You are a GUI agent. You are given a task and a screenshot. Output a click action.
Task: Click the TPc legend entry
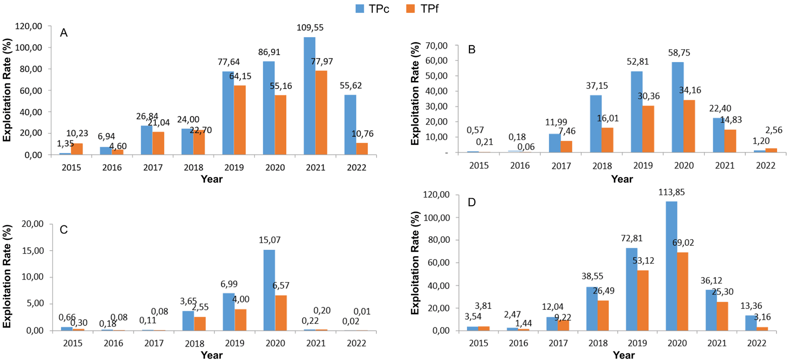pyautogui.click(x=373, y=8)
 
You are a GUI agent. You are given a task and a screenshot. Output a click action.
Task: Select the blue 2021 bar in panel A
pyautogui.click(x=309, y=96)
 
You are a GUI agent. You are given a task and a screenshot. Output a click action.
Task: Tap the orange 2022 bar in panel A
pyautogui.click(x=362, y=149)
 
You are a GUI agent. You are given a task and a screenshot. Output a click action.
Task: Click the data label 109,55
pyautogui.click(x=310, y=28)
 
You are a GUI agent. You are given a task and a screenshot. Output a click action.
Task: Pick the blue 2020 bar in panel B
pyautogui.click(x=677, y=107)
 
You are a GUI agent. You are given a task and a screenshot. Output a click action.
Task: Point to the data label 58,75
pyautogui.click(x=679, y=53)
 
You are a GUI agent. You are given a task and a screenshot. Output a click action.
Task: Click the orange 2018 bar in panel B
pyautogui.click(x=607, y=140)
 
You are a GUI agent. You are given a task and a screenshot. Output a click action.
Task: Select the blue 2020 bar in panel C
pyautogui.click(x=269, y=290)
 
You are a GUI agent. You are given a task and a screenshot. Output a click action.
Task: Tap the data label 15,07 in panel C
pyautogui.click(x=269, y=240)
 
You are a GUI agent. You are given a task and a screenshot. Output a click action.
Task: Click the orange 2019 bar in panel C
pyautogui.click(x=241, y=320)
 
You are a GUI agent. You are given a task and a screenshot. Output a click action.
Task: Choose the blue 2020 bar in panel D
pyautogui.click(x=671, y=266)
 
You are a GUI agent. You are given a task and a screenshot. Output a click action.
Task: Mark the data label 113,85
pyautogui.click(x=671, y=192)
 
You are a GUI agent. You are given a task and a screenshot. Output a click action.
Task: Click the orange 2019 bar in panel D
pyautogui.click(x=643, y=300)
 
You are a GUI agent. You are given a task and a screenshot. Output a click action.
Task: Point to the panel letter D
pyautogui.click(x=471, y=202)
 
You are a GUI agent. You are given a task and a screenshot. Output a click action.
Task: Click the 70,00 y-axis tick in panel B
pyautogui.click(x=437, y=46)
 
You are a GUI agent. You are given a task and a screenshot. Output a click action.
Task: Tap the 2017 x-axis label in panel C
pyautogui.click(x=154, y=343)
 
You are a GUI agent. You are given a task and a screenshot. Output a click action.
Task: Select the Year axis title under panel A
pyautogui.click(x=211, y=179)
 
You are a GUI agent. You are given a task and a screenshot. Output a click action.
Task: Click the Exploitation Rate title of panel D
pyautogui.click(x=415, y=263)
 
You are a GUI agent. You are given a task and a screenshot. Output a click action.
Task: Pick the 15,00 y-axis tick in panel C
pyautogui.click(x=33, y=251)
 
